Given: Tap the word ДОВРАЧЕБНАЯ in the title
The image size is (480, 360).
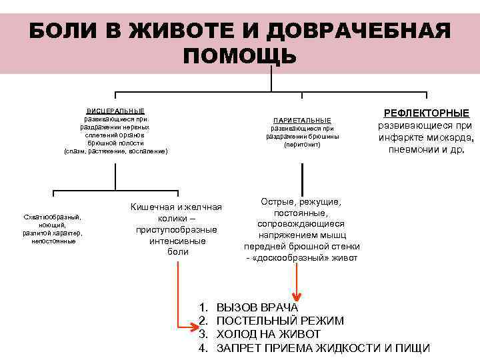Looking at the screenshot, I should click(358, 31).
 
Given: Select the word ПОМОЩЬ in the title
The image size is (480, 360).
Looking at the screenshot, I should click(239, 55).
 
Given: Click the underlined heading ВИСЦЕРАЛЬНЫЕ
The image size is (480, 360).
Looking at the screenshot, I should click(116, 111).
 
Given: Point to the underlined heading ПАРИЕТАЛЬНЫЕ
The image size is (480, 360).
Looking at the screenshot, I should click(302, 120).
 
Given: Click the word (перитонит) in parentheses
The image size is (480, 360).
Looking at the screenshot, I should click(302, 145).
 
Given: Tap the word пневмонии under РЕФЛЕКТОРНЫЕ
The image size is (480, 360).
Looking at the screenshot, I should click(411, 149).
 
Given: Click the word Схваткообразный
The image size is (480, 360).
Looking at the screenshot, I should click(52, 217).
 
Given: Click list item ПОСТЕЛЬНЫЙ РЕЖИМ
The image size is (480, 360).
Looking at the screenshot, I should click(280, 321).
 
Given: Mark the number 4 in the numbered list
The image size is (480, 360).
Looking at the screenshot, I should click(203, 347).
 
